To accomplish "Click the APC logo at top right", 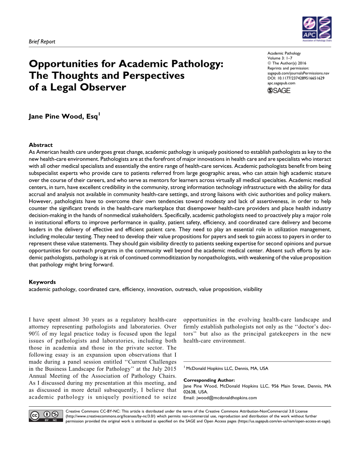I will pyautogui.click(x=317, y=29).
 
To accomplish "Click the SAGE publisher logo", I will pyautogui.click(x=279, y=90).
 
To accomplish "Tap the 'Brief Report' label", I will pyautogui.click(x=42, y=42).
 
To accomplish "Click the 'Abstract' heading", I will pyautogui.click(x=40, y=145).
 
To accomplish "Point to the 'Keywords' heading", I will pyautogui.click(x=42, y=282).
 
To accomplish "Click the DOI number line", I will pyautogui.click(x=296, y=78).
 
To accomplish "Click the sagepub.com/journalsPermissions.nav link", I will pyautogui.click(x=299, y=73).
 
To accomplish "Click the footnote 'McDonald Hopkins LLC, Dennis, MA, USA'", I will pyautogui.click(x=227, y=369).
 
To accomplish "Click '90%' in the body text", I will pyautogui.click(x=36, y=334).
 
